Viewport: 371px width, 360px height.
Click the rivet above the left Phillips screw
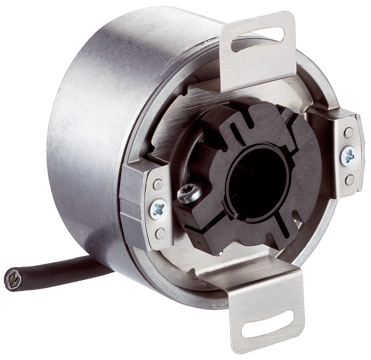click(x=158, y=183)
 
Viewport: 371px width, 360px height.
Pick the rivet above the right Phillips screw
click(x=349, y=131)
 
